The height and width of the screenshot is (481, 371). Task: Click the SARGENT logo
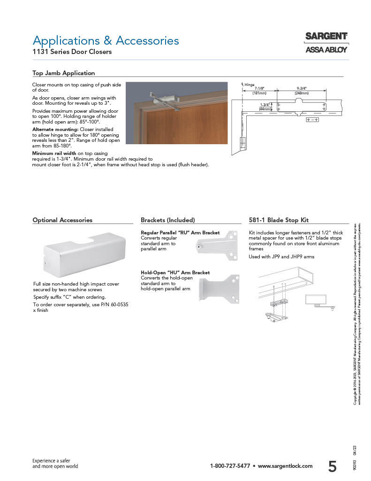point(326,36)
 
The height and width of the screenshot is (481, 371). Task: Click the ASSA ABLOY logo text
point(326,49)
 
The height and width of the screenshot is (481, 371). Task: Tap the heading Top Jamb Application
point(63,73)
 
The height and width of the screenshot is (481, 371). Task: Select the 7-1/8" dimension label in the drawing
point(259,88)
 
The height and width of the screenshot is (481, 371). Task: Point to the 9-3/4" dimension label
point(301,88)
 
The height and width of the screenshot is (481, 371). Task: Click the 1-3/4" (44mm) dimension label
point(265,107)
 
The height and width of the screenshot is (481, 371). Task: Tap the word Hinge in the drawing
point(250,85)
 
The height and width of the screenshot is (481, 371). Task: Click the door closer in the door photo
point(164,100)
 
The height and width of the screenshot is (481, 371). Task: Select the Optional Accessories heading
point(62,220)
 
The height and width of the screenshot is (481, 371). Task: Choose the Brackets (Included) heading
point(168,220)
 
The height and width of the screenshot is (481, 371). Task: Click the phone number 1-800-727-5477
point(230,466)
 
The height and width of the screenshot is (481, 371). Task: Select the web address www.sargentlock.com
point(285,466)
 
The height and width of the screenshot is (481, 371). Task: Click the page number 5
point(332,466)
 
